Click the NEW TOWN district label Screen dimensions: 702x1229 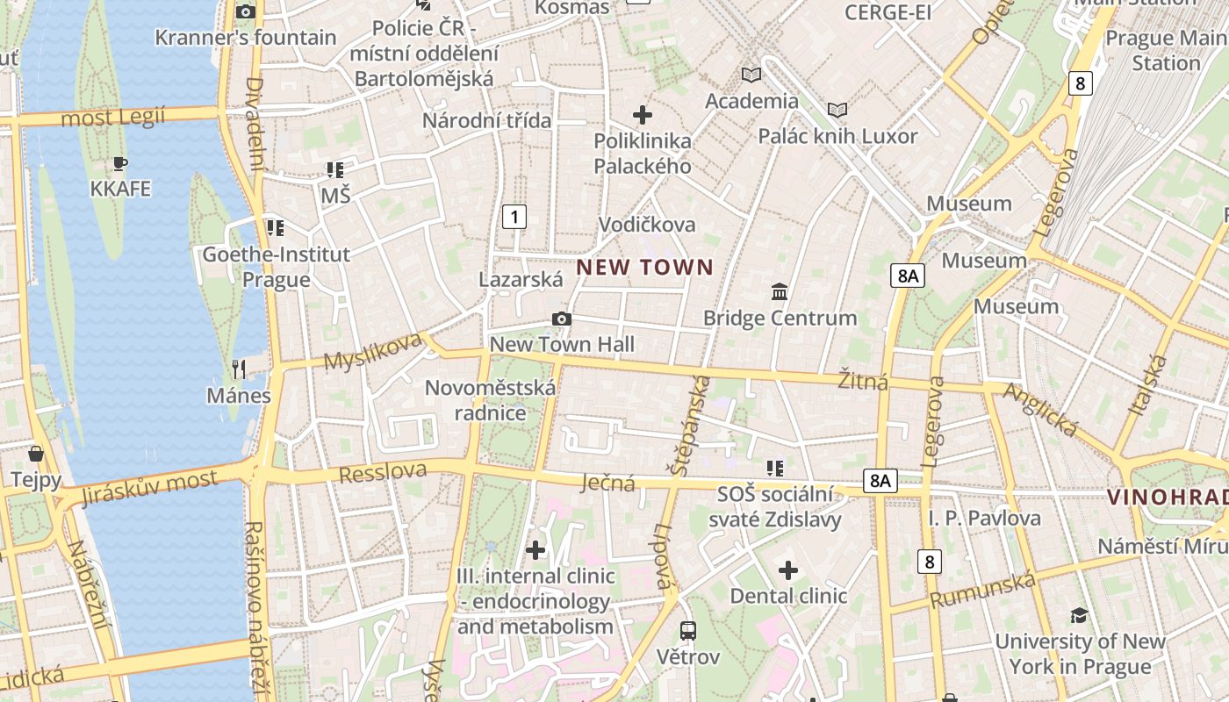(x=645, y=268)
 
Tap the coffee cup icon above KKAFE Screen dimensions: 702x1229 (x=120, y=164)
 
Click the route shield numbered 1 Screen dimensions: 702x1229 (x=514, y=216)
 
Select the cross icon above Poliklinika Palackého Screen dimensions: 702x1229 (x=643, y=115)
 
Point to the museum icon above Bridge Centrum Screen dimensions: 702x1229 (x=780, y=291)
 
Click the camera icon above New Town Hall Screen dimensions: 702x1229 (x=562, y=319)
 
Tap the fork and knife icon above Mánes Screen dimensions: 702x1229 (x=238, y=369)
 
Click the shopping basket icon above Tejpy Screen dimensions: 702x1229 (x=36, y=454)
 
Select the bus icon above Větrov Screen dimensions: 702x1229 (x=688, y=630)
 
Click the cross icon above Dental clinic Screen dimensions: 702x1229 (x=788, y=570)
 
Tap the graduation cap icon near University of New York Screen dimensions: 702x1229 (x=1079, y=615)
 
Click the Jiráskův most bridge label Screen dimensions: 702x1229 (x=148, y=488)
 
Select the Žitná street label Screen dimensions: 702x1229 (x=863, y=381)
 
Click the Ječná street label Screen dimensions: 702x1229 (x=608, y=482)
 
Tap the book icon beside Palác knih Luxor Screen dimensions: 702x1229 (x=837, y=110)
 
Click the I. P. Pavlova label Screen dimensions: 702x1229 (x=985, y=518)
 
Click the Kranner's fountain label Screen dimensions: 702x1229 (x=246, y=37)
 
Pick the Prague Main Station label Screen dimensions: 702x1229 (x=1166, y=50)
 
